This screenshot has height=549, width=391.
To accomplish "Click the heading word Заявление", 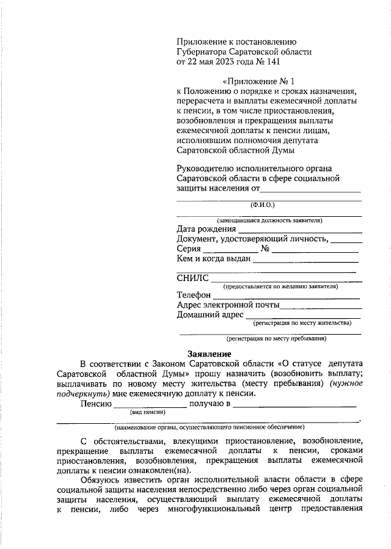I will click(208, 354).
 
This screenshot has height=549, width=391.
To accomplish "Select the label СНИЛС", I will click(192, 278).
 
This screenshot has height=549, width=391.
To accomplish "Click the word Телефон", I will click(194, 295).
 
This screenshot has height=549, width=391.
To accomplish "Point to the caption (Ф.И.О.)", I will click(263, 206).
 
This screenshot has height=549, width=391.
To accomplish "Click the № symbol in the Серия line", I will click(265, 249).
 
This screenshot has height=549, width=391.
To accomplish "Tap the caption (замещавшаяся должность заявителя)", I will click(269, 220).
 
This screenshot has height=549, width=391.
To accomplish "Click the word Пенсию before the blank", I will click(95, 404).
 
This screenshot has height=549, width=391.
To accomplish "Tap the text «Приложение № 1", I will click(263, 81).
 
